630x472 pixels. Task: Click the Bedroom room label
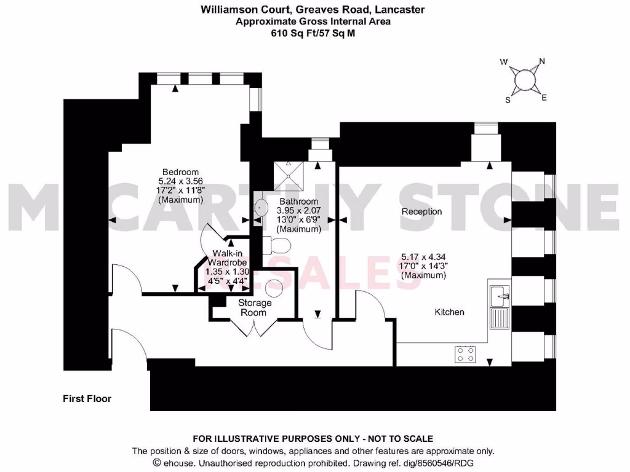tap(180, 171)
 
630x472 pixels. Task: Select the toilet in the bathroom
tap(276, 245)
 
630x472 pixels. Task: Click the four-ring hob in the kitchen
tap(465, 354)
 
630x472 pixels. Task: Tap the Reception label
tap(421, 211)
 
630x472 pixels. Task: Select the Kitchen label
tap(449, 312)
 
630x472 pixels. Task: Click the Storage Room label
tap(255, 308)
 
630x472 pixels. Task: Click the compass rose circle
tap(524, 80)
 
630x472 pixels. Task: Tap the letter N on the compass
tap(542, 61)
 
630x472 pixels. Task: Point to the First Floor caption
tap(87, 399)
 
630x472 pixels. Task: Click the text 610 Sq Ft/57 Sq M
tap(313, 34)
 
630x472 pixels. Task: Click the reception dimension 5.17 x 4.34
tap(424, 257)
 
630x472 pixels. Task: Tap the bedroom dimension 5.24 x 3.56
tap(180, 181)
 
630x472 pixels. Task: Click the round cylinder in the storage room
tap(273, 289)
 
